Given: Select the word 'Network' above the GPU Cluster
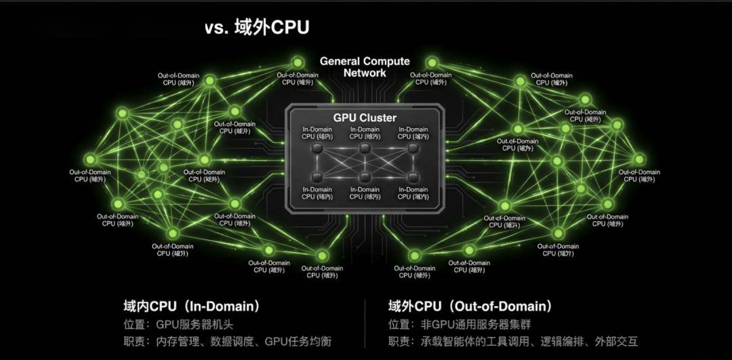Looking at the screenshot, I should tap(365, 73).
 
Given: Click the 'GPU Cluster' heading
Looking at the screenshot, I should tap(365, 118).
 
